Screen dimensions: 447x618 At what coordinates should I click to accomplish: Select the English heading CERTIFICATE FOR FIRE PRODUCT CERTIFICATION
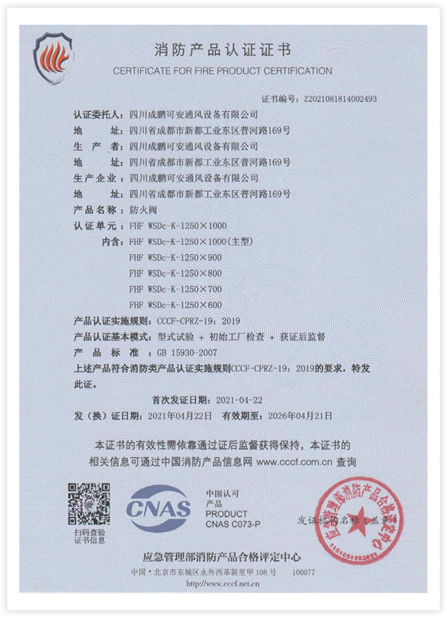click(222, 71)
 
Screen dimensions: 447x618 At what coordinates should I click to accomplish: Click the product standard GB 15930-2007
click(163, 352)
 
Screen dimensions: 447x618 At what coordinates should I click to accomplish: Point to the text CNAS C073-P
click(232, 524)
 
